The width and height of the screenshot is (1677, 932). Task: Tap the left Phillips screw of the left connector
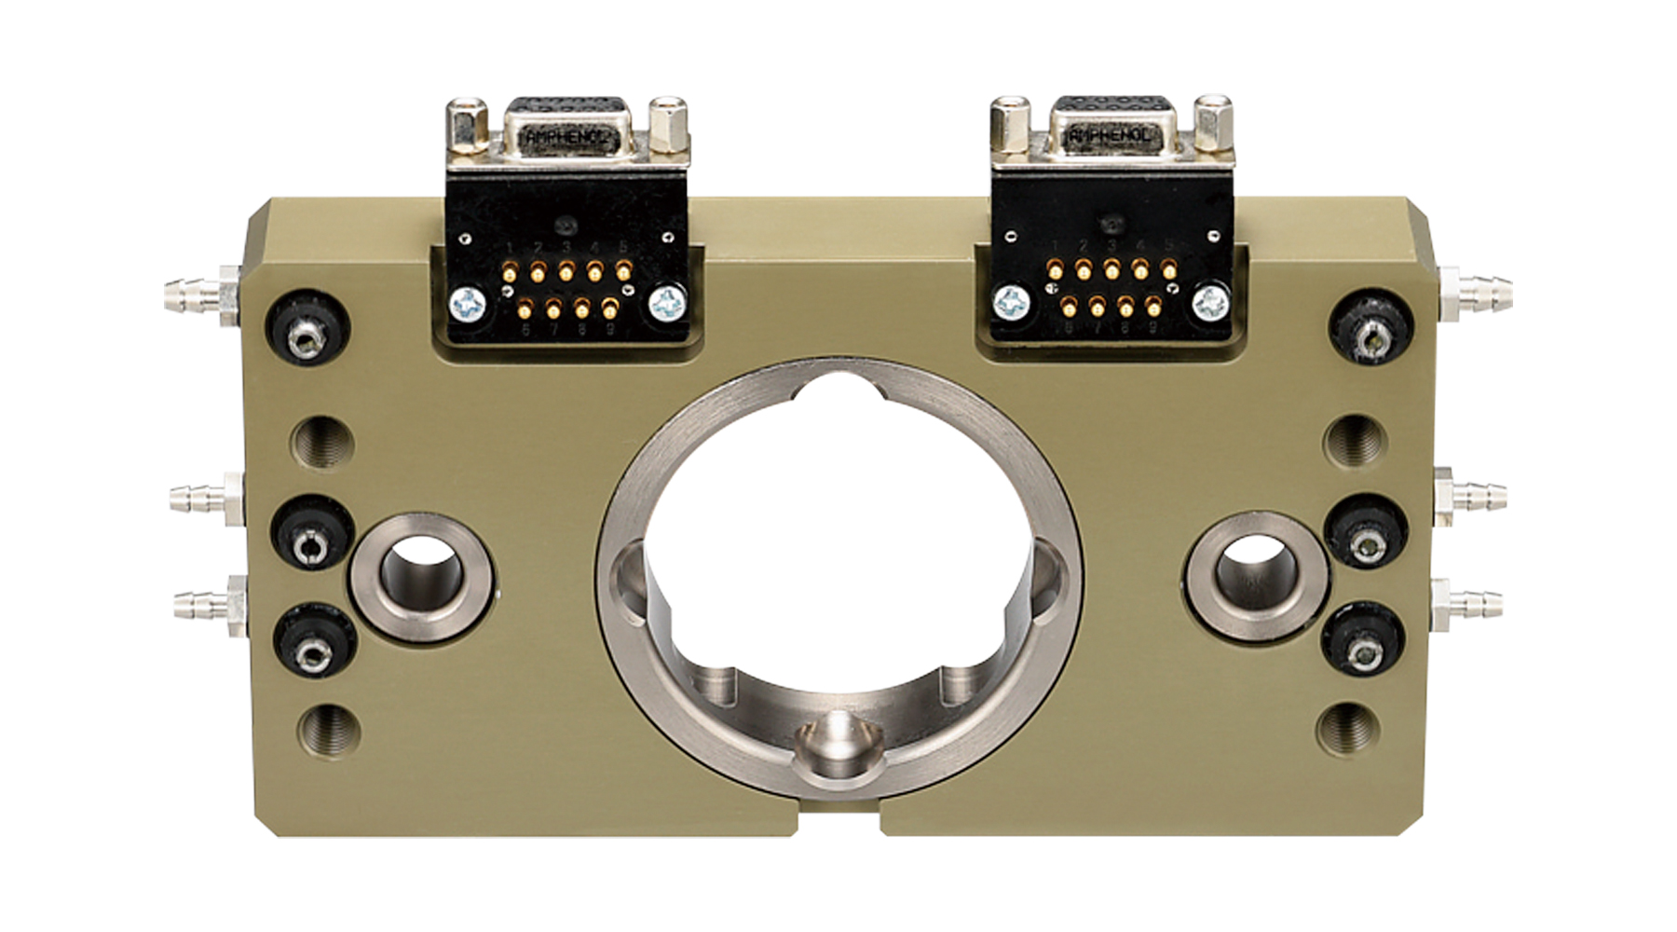[467, 304]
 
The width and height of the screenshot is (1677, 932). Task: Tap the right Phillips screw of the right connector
[1210, 301]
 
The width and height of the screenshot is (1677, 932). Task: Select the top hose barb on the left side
[191, 293]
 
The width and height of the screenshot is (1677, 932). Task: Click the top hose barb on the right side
[1479, 289]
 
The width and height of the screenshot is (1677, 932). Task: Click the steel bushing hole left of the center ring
[422, 576]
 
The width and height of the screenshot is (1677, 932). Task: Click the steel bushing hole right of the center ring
[1253, 575]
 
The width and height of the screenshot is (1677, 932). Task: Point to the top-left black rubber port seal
[309, 330]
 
